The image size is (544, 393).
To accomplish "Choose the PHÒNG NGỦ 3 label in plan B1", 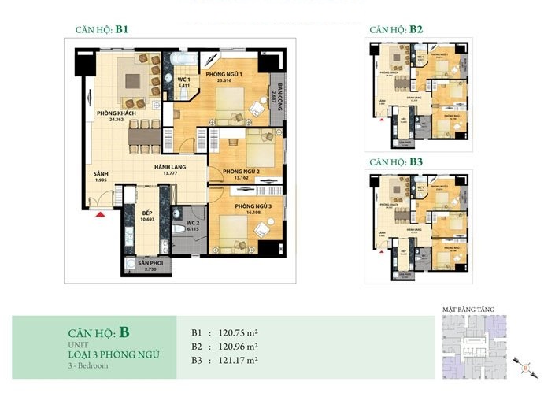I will tap(241, 207).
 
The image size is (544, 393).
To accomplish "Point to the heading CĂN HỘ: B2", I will tap(396, 30).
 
